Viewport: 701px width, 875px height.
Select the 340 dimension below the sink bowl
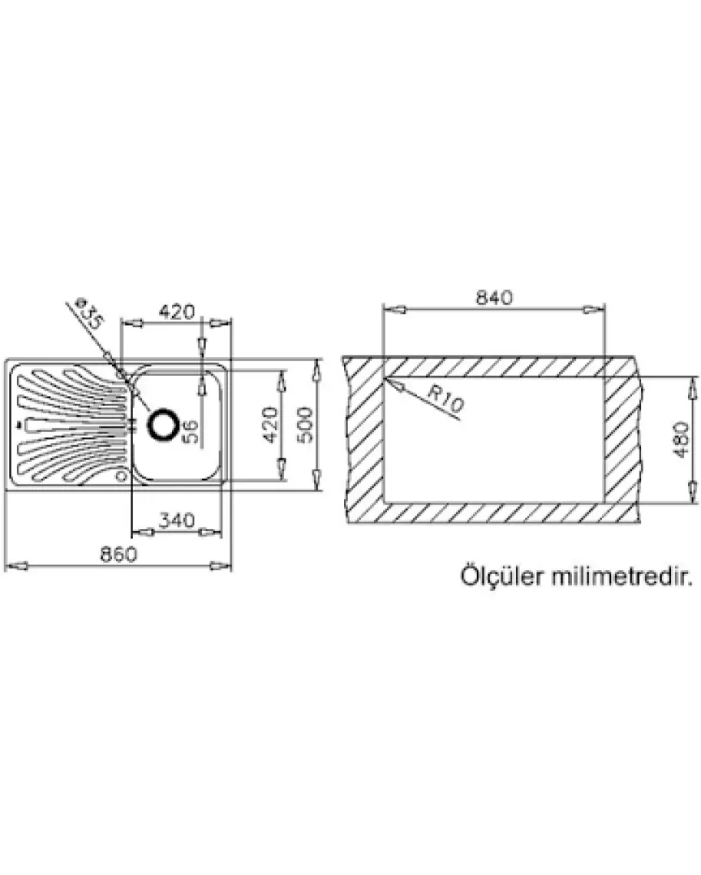tap(176, 520)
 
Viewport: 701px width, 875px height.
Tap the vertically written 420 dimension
tap(268, 424)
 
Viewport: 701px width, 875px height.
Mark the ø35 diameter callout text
tap(90, 315)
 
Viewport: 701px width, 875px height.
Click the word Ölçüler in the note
tap(501, 576)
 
